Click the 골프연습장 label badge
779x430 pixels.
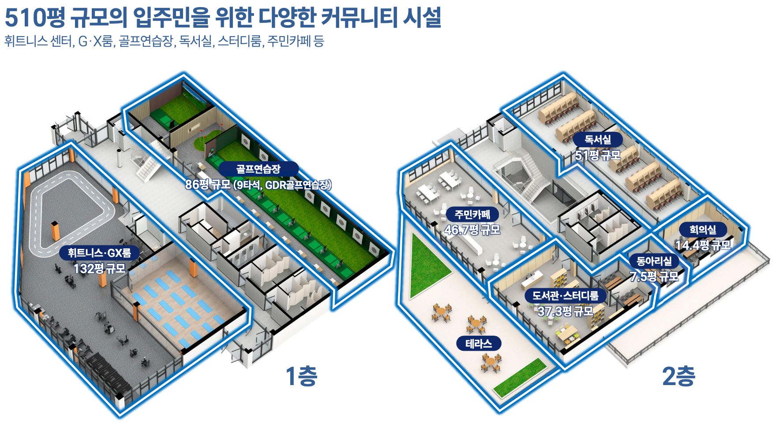coord(258,169)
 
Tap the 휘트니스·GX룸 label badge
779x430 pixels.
coord(99,253)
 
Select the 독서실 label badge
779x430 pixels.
coord(598,140)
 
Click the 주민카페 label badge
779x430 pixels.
coord(472,215)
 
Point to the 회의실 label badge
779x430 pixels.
coord(703,230)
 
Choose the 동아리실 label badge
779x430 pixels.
coord(654,261)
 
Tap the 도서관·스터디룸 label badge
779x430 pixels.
coord(565,295)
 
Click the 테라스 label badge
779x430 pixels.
coord(479,344)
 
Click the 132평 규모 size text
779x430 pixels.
coord(99,268)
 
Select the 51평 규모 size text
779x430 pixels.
coord(598,155)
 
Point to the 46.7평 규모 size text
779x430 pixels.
coord(472,230)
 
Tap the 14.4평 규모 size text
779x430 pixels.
coord(703,245)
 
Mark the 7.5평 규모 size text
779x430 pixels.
coord(654,277)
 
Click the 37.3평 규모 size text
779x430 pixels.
coord(565,311)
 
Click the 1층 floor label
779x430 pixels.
coord(301,376)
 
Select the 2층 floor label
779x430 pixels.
coord(678,376)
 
